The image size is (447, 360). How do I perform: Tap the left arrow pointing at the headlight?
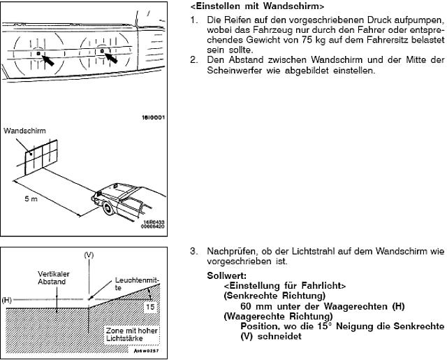50,60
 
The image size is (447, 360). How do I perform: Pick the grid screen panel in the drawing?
41,158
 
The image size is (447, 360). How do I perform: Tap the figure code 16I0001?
153,117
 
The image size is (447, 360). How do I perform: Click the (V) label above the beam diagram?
89,256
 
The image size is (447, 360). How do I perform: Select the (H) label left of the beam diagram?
8,300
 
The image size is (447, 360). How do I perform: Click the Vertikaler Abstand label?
52,278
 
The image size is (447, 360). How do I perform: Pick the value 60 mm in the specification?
256,306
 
